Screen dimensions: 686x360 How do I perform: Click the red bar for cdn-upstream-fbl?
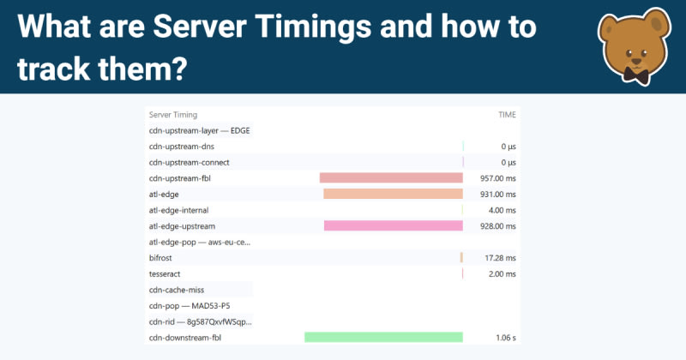(x=391, y=177)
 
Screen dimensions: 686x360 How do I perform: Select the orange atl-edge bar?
(x=393, y=194)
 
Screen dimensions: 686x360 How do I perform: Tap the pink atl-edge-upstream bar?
(x=394, y=225)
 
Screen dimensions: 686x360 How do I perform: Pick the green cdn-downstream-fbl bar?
(x=383, y=337)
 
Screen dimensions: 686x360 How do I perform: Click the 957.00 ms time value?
(x=498, y=178)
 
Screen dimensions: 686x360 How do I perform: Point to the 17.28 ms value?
(x=500, y=258)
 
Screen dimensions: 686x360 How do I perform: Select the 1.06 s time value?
(x=506, y=338)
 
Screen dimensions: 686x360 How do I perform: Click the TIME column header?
(x=507, y=115)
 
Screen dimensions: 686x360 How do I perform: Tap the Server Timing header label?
(x=173, y=115)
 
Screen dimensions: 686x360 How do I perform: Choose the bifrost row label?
(x=160, y=258)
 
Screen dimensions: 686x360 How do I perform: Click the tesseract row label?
(x=165, y=273)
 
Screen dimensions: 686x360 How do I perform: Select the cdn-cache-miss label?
(x=177, y=290)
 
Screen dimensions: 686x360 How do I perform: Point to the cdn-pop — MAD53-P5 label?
(x=190, y=306)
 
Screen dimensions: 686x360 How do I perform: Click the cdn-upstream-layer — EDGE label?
(x=200, y=131)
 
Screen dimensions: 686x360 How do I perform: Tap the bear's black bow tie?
(x=635, y=75)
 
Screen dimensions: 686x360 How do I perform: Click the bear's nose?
(x=636, y=61)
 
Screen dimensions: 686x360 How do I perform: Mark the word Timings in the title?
(x=313, y=27)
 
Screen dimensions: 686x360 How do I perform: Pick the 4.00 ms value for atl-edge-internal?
(x=502, y=210)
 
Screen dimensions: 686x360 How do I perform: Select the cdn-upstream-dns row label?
(x=182, y=147)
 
